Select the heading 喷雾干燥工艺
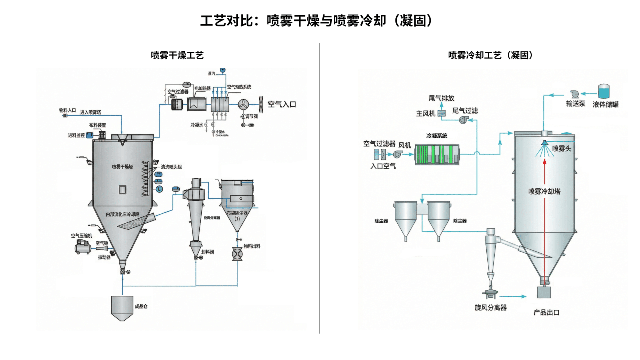click(177, 55)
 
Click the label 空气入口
click(282, 104)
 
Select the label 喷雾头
click(562, 149)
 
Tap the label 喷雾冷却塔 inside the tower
click(544, 191)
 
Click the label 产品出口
click(546, 312)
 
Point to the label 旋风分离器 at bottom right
click(491, 307)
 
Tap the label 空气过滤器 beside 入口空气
click(379, 144)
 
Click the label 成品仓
click(141, 306)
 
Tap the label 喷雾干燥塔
click(122, 166)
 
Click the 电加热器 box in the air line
click(198, 104)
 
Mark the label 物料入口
click(67, 110)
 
